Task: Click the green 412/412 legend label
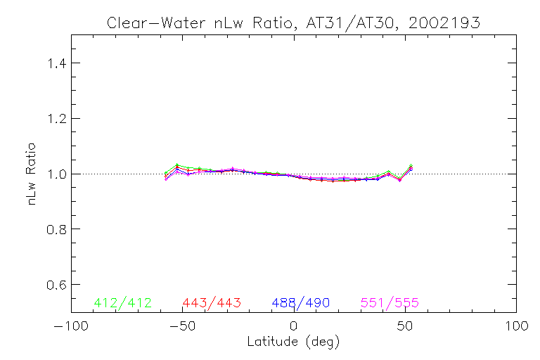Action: tap(122, 303)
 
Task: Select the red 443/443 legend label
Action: tap(212, 303)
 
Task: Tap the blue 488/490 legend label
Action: tap(301, 303)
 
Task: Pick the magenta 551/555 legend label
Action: tap(390, 303)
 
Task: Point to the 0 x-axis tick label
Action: tap(293, 327)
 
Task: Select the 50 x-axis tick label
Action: tap(405, 327)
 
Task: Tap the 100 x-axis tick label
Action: tap(516, 327)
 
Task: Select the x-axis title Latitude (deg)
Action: tap(293, 342)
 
